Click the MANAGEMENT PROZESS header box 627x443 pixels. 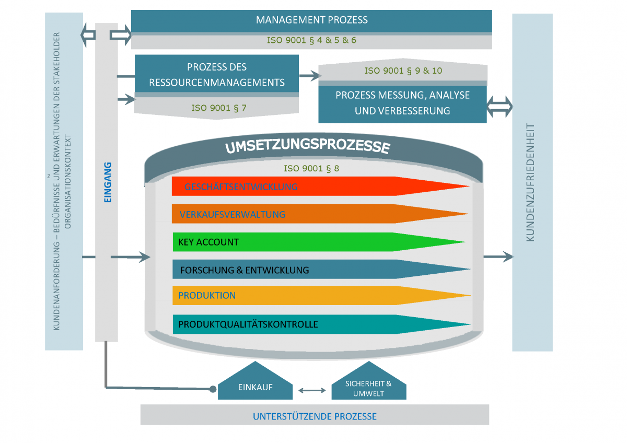click(x=311, y=21)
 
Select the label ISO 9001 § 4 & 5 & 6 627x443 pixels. click(x=311, y=40)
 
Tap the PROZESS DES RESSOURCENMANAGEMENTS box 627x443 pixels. click(x=217, y=74)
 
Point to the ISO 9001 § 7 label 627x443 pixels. click(x=219, y=108)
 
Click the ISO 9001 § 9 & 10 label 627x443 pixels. click(x=403, y=71)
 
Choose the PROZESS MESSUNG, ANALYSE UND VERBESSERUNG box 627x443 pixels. click(x=402, y=104)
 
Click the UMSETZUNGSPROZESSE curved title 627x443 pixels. click(x=308, y=146)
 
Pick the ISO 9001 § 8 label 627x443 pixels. click(x=311, y=168)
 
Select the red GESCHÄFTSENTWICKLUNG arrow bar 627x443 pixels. click(x=320, y=186)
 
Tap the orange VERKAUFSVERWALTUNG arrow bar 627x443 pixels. click(x=320, y=214)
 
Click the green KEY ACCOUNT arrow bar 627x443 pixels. click(x=319, y=242)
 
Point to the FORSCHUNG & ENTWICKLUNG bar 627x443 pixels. click(x=321, y=269)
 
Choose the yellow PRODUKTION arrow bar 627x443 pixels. click(x=322, y=295)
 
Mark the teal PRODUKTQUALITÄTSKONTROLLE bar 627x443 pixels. click(x=322, y=324)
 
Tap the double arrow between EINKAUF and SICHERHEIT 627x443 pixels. click(x=312, y=390)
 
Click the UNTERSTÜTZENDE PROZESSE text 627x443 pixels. click(x=315, y=416)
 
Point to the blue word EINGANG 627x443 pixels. click(x=108, y=182)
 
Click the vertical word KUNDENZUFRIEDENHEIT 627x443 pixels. click(x=530, y=182)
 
